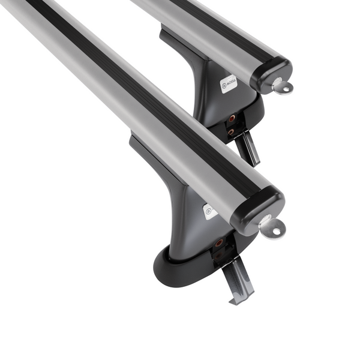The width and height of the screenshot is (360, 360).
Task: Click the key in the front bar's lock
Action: [x=271, y=227]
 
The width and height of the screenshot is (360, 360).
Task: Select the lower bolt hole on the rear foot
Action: [x=230, y=132]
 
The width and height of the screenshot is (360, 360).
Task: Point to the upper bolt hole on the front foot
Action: [x=219, y=243]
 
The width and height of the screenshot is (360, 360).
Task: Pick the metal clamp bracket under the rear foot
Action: [x=248, y=147]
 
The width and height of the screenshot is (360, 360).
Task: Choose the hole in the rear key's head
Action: [x=286, y=89]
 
